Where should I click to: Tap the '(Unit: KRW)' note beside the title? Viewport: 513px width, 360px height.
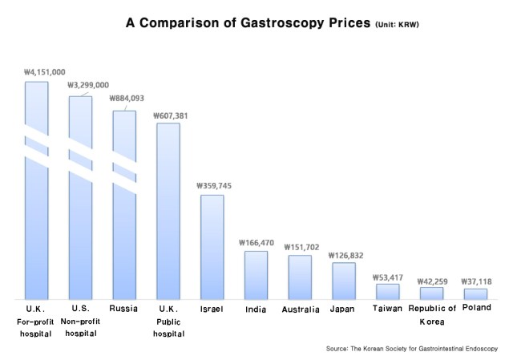(397, 25)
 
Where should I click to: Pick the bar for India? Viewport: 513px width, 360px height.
(256, 274)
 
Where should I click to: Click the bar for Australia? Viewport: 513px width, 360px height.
(300, 277)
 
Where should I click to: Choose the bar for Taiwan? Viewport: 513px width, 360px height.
(387, 291)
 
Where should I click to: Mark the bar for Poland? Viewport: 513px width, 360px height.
(475, 293)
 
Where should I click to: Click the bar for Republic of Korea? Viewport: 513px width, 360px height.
(431, 293)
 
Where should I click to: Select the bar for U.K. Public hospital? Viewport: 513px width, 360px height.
(168, 211)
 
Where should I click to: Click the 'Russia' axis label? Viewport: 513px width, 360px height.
(124, 309)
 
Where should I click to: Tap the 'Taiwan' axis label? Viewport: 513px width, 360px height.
(387, 309)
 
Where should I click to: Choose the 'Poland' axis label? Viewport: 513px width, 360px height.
(477, 308)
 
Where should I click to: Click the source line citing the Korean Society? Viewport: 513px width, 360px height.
(412, 349)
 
